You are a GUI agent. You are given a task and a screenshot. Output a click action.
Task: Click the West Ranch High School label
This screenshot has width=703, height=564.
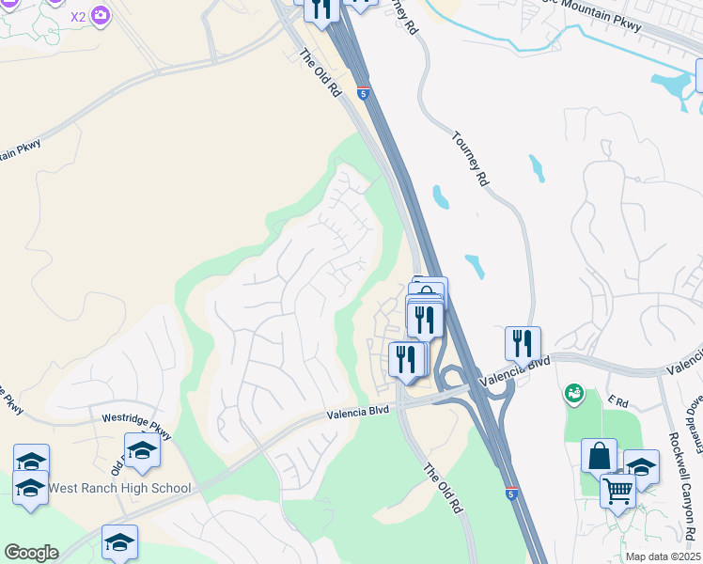click(x=119, y=488)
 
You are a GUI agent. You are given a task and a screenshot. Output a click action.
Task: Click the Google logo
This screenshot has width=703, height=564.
click(x=31, y=553)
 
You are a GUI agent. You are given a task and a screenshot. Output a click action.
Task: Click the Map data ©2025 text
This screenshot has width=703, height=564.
click(x=663, y=556)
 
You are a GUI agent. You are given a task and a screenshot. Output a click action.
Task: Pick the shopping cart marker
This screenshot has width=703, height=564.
click(x=617, y=490)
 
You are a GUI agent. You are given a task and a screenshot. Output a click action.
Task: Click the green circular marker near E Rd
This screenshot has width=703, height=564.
click(x=573, y=393)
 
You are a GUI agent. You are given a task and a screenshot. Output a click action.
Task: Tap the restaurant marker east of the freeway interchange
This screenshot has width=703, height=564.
click(x=523, y=344)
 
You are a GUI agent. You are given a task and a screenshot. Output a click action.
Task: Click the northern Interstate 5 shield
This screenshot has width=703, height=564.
click(x=363, y=92)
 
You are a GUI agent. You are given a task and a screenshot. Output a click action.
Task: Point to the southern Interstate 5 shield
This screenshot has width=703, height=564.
click(x=510, y=493)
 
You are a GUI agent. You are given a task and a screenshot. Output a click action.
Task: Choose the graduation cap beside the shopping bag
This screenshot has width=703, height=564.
click(x=641, y=466)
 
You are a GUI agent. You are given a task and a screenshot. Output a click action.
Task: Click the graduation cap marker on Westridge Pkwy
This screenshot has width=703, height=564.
click(x=142, y=450)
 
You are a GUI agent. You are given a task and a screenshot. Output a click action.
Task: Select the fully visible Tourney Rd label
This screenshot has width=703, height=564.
click(x=471, y=157)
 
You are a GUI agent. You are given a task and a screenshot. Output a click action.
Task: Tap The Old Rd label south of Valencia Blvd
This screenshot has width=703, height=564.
click(x=444, y=489)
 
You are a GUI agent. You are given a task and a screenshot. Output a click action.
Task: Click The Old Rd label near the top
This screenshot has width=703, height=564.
click(x=320, y=73)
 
